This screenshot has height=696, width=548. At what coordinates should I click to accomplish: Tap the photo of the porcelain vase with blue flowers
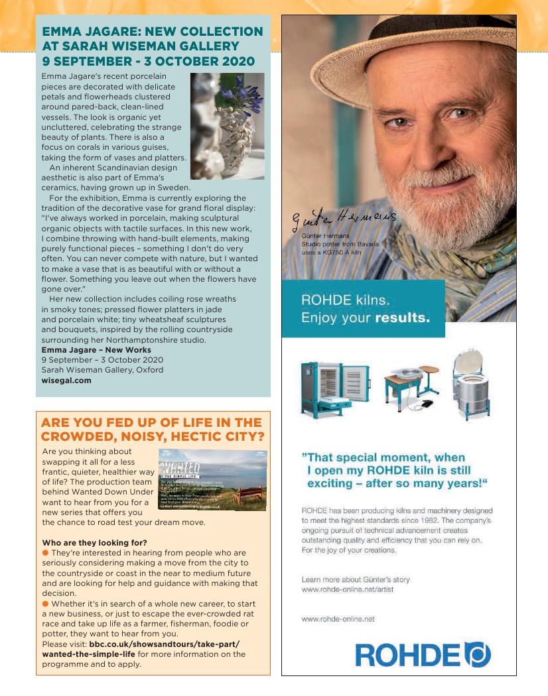coord(227,126)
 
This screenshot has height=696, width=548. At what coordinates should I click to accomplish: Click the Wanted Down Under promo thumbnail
coord(212,481)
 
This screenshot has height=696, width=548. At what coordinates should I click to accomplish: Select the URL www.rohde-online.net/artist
coord(348,589)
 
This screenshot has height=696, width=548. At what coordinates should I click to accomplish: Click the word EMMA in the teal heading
coord(64,32)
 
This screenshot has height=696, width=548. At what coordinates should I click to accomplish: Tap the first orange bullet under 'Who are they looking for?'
coord(46,552)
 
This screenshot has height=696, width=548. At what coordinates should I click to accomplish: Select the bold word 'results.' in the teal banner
coord(401,318)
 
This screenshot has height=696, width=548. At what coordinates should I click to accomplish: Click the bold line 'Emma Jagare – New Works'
coord(96,349)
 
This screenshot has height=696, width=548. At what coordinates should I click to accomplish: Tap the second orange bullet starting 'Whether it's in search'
coord(46,604)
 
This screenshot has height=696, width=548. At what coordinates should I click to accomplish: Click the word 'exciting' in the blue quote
coord(332,483)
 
